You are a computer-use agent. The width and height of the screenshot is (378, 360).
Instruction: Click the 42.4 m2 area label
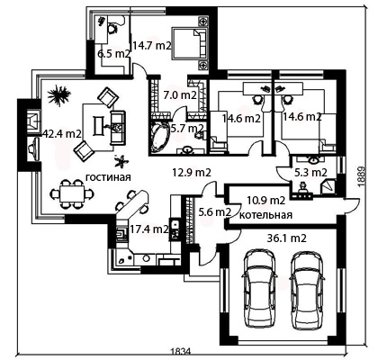62,134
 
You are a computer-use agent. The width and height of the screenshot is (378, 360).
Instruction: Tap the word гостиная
109,177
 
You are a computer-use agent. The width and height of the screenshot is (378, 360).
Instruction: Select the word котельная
266,215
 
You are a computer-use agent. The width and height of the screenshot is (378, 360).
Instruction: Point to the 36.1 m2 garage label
286,238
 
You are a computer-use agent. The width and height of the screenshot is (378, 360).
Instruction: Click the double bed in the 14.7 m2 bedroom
190,43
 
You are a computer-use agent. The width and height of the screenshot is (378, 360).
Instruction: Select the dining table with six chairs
71,194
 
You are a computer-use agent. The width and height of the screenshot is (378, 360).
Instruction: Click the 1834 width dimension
181,351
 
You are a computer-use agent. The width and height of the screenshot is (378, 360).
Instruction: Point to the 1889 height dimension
363,177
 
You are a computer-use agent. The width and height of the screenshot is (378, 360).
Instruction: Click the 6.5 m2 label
113,54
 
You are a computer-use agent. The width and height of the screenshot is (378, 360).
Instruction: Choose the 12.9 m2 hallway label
192,173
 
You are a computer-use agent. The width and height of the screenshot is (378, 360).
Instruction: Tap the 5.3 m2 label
310,173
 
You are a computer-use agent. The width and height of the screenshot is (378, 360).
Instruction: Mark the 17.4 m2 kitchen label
149,229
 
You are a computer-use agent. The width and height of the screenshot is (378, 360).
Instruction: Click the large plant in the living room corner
59,95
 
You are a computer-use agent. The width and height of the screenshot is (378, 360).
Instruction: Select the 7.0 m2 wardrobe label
180,95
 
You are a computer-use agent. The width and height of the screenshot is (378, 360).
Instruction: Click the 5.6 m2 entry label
215,212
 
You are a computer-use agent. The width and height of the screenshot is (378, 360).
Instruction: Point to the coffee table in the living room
99,126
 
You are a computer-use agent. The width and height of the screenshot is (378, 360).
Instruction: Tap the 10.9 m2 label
266,200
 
